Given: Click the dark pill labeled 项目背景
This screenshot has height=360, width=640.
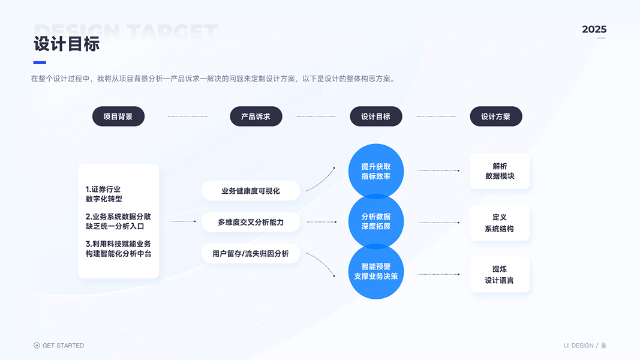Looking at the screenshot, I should tap(118, 116).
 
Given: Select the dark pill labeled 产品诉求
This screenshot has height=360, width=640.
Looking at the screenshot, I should tap(256, 116).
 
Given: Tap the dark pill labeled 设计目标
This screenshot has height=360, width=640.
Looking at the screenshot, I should tap(375, 116).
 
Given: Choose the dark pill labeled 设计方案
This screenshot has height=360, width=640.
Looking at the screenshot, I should tap(495, 116).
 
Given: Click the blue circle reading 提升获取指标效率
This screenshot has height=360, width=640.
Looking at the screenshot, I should tap(376, 171).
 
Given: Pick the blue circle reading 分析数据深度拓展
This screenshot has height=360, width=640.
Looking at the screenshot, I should tap(376, 221).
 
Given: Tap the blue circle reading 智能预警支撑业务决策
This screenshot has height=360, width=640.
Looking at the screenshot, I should tap(376, 271).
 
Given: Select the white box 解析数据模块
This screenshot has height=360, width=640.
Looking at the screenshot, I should tap(500, 171).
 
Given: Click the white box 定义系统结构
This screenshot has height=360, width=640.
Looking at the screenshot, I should tap(500, 223).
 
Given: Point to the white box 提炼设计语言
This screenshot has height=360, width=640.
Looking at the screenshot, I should tap(500, 274).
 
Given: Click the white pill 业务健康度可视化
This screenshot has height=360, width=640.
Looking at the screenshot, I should tap(251, 191).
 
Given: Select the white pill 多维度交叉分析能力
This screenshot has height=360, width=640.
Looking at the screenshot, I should tap(251, 222).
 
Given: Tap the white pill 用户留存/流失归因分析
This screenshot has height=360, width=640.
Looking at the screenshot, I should tap(251, 254).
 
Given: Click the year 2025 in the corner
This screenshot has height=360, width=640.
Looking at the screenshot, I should tap(594, 29).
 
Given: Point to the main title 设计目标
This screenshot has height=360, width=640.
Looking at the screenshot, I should tap(67, 44).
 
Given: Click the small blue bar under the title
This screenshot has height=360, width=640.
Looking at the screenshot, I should tap(40, 62).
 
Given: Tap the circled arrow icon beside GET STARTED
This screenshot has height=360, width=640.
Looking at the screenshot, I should tap(37, 346).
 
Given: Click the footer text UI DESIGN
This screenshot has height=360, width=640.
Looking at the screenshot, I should tap(578, 346).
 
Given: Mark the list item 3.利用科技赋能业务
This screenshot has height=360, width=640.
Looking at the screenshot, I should tap(118, 249).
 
